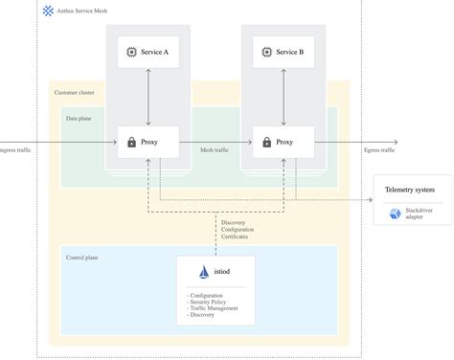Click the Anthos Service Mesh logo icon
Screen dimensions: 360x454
pyautogui.click(x=48, y=11)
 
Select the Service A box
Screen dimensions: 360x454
pyautogui.click(x=148, y=52)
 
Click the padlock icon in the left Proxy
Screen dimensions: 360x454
pyautogui.click(x=132, y=143)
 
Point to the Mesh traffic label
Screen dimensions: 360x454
pyautogui.click(x=215, y=150)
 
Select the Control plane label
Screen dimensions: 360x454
pyautogui.click(x=81, y=258)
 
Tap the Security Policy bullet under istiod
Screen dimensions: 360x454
pyautogui.click(x=213, y=302)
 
